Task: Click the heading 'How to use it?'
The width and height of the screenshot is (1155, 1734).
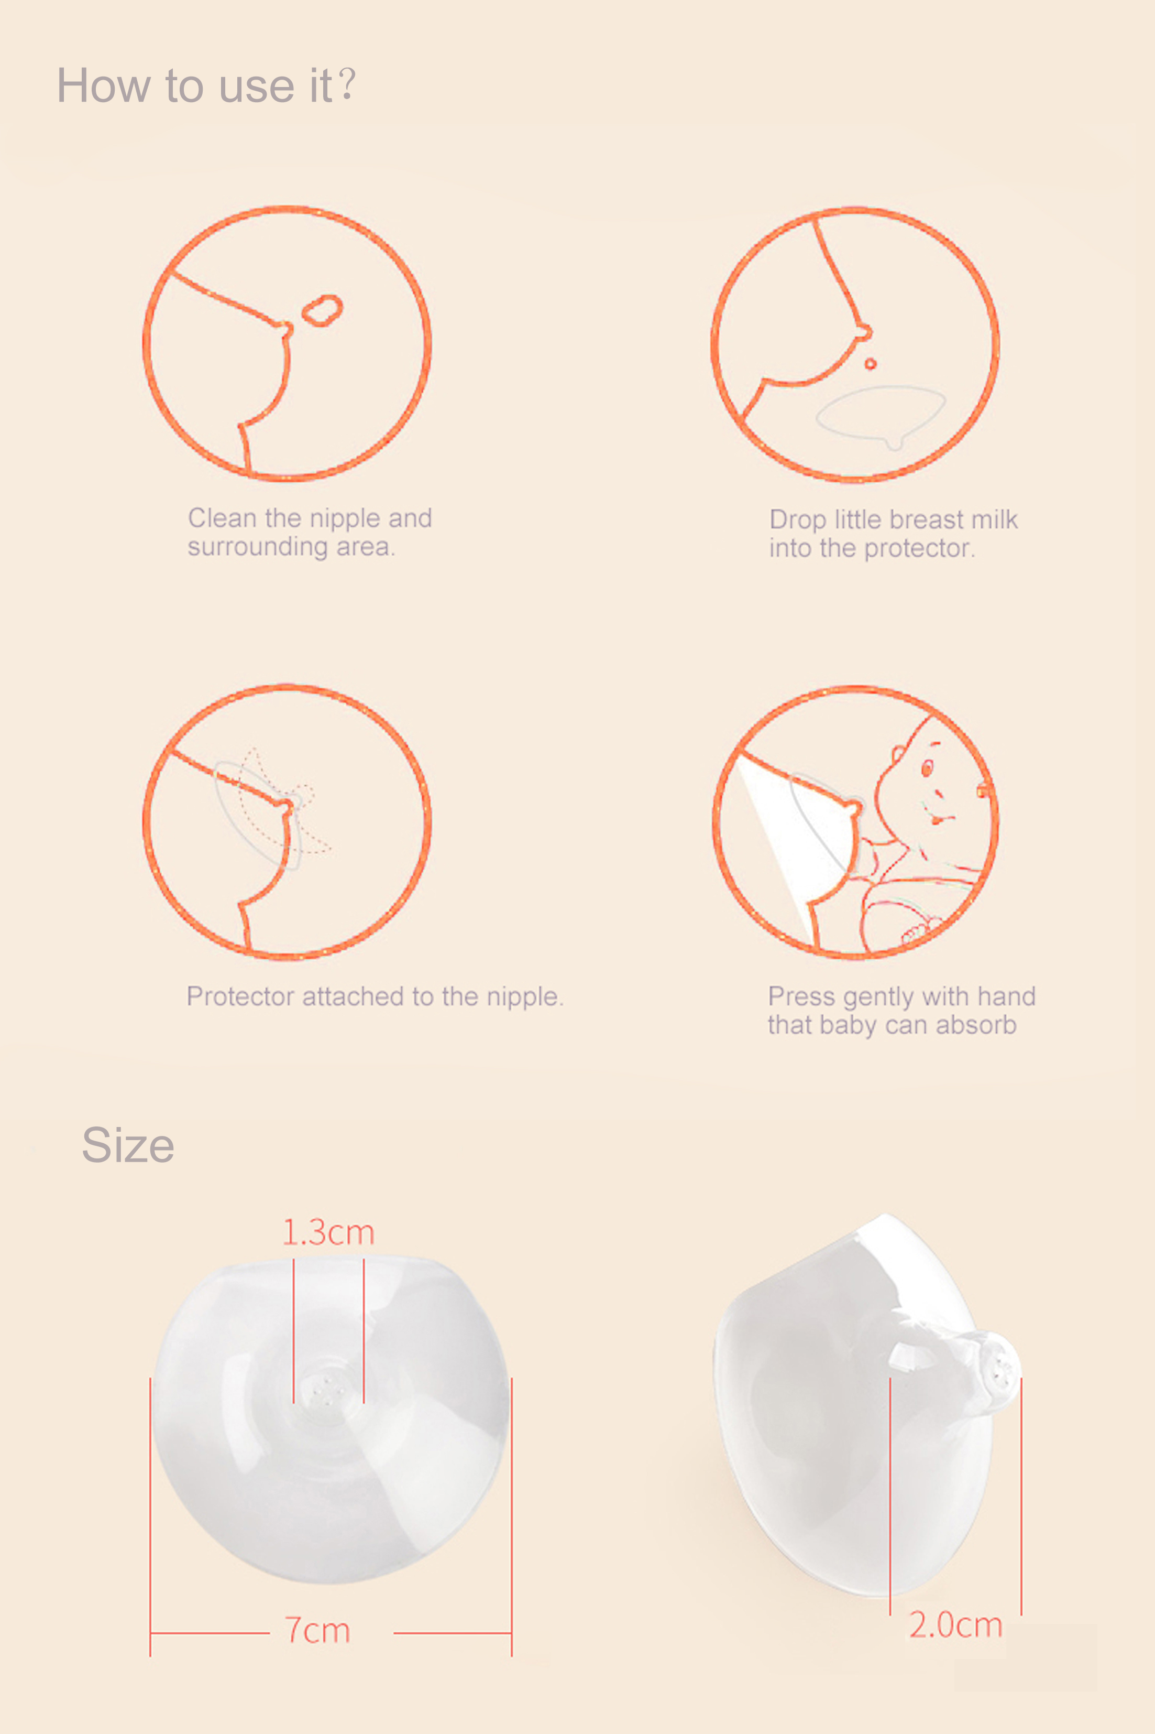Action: (206, 85)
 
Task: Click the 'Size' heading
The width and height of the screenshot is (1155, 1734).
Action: (128, 1145)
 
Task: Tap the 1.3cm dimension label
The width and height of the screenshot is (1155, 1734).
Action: (328, 1232)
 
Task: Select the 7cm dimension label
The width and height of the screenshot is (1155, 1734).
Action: (317, 1630)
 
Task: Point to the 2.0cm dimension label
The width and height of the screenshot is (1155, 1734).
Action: (955, 1624)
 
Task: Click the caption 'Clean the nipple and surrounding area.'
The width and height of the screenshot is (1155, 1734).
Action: (310, 532)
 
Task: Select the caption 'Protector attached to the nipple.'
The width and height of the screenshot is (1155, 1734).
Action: (375, 996)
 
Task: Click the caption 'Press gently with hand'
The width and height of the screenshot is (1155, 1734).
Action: (901, 996)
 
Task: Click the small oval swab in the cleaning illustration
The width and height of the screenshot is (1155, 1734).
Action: (323, 310)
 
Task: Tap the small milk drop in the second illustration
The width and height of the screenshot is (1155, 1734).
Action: (871, 363)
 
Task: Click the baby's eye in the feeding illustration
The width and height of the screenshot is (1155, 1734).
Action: (927, 768)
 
